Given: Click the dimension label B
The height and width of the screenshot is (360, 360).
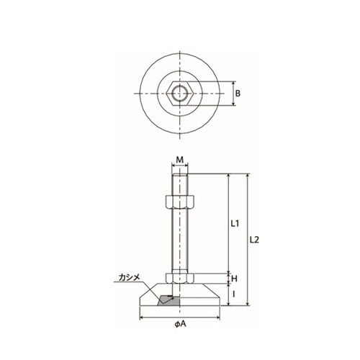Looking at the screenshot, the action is pos(238,94).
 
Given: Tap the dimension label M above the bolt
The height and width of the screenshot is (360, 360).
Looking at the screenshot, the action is pos(180,160).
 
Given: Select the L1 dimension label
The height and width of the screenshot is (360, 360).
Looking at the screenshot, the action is pos(235,224).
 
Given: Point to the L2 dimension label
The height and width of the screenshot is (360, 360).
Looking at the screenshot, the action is pos(254,240).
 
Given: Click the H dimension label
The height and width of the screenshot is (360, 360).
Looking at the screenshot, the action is pos(234,279).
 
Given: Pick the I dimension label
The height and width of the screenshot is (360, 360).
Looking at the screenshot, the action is pos(234,294).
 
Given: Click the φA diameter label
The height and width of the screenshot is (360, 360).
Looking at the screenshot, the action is pos(180,324).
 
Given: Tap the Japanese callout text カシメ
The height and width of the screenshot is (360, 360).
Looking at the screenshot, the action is pos(129,277).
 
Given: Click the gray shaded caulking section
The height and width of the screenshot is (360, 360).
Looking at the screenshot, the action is pos(168,300).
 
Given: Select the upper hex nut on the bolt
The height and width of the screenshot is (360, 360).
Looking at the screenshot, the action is pos(180,202).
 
